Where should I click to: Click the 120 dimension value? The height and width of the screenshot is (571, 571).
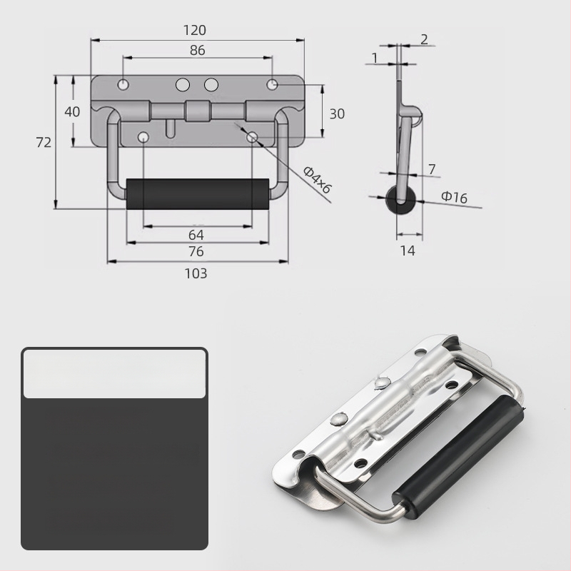coord(194,30)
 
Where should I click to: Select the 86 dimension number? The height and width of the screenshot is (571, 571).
coord(198,50)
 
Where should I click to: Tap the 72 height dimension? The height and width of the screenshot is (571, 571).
coord(44,142)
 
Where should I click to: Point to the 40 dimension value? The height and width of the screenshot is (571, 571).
coord(72,111)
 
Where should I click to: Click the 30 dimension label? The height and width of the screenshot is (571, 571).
coord(337,114)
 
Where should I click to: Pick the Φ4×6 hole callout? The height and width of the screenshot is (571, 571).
coord(318,180)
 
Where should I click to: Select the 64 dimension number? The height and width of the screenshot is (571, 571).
coord(196,235)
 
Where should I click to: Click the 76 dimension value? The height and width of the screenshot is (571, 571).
coord(196,251)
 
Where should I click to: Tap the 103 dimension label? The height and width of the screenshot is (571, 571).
coord(196,273)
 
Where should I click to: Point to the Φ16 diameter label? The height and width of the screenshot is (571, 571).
coord(454,197)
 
